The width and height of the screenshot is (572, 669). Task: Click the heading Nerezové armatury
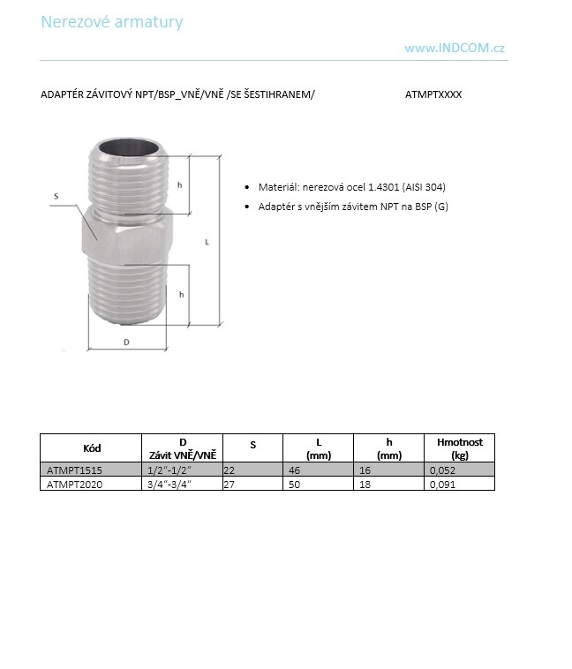[x=112, y=21]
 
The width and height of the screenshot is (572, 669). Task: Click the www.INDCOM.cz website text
[x=455, y=49]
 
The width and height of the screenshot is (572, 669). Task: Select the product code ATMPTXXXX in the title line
[x=433, y=94]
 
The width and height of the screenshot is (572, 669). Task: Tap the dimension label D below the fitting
[x=126, y=342]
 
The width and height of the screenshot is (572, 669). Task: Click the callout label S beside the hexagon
[x=56, y=196]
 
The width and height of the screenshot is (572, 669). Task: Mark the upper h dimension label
[x=179, y=184]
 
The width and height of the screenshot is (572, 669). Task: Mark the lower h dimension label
[x=181, y=294]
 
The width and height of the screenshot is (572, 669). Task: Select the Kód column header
[x=91, y=448]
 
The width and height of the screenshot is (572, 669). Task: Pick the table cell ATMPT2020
[x=74, y=485]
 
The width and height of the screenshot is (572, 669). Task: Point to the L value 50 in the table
[x=295, y=485]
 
